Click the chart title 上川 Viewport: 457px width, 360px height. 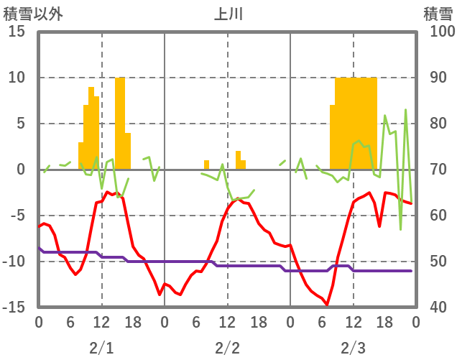tap(228, 14)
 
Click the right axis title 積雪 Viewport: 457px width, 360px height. tap(438, 14)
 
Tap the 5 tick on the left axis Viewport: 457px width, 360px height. tap(21, 124)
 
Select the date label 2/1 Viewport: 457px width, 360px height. tap(101, 348)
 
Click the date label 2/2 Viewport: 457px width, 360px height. tap(227, 348)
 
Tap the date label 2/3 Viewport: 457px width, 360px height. tap(353, 348)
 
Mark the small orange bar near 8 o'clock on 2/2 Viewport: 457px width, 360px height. tap(206, 165)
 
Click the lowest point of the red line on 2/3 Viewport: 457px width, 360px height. tap(327, 305)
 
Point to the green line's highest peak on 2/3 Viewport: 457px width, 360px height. tap(406, 110)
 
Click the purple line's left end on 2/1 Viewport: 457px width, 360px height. tap(40, 248)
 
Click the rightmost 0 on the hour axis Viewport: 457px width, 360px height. tap(416, 323)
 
